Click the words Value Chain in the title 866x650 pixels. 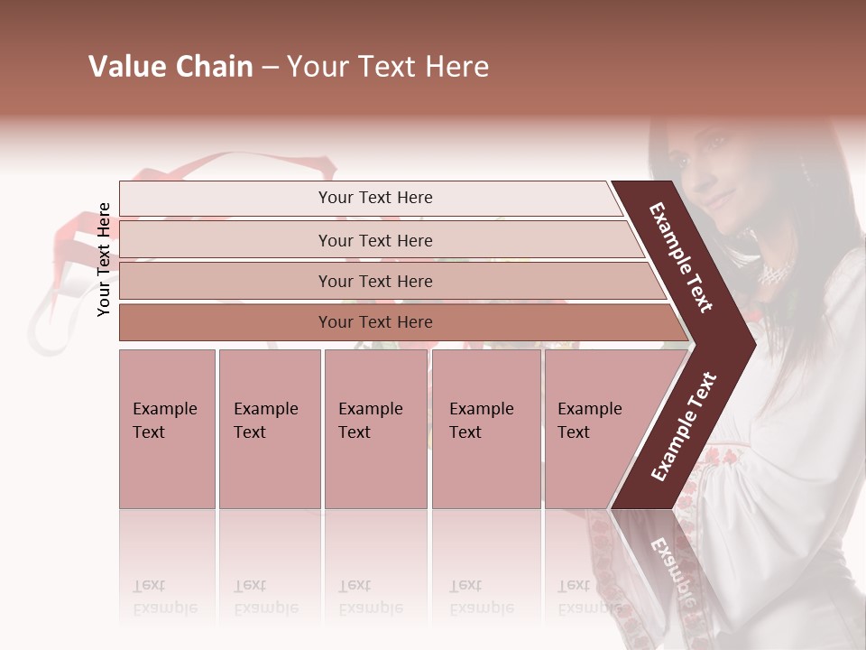(170, 67)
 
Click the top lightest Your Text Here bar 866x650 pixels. (374, 198)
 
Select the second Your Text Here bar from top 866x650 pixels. (374, 240)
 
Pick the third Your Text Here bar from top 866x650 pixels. (374, 281)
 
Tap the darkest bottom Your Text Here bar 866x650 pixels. (374, 322)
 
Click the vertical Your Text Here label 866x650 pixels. (104, 259)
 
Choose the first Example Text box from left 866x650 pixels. (167, 429)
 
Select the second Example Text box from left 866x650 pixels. (269, 429)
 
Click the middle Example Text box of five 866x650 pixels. (375, 429)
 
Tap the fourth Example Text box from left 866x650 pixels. (486, 429)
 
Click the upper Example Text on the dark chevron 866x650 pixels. (681, 257)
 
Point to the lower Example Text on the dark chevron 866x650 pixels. (684, 426)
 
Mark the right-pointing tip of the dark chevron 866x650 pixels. (753, 344)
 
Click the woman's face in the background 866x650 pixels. (708, 176)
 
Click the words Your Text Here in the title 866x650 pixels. (388, 67)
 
